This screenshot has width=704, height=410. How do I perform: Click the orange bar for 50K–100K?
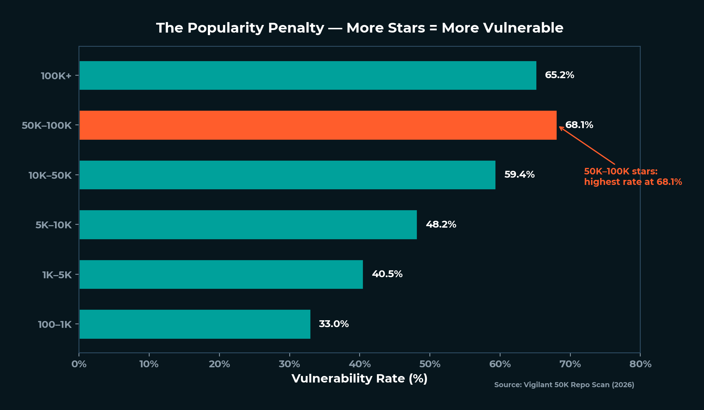pos(318,125)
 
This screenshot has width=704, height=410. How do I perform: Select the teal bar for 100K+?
pos(307,75)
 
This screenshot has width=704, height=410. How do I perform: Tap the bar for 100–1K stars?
pos(194,324)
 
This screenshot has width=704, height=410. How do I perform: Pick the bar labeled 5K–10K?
pos(248,225)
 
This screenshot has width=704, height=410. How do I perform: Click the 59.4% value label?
pos(519,175)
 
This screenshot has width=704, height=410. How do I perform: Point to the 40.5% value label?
pos(387,274)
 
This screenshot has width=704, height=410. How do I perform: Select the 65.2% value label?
pos(560,75)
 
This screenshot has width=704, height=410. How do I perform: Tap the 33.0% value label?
pos(334,324)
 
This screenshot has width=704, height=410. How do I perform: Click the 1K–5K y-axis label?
pos(57,275)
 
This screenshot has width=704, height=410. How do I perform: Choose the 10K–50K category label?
pos(50,176)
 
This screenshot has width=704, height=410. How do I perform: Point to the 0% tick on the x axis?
pos(79,364)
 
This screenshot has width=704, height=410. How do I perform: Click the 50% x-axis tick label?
pos(429,364)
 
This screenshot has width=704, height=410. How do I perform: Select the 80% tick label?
pos(640,364)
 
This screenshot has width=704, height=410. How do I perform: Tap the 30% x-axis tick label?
pos(289,364)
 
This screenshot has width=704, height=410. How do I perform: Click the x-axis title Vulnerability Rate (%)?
pos(359,379)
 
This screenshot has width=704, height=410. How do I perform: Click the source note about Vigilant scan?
pos(564,385)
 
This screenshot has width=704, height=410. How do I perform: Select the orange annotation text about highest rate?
pos(633,177)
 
